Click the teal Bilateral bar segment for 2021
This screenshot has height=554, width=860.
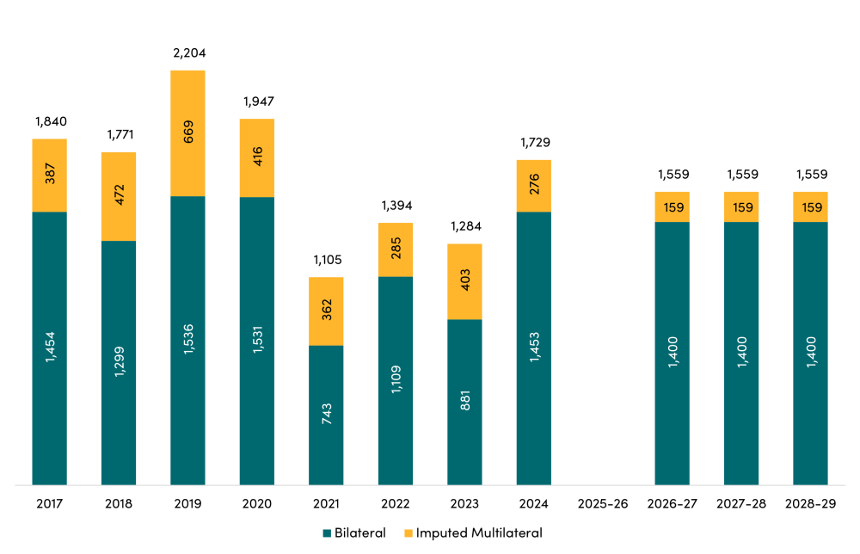(x=326, y=415)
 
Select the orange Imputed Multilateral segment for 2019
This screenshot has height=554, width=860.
(x=187, y=133)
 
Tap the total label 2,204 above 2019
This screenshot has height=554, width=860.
(x=188, y=53)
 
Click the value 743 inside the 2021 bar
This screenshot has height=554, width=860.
(x=327, y=415)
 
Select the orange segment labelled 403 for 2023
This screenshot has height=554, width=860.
(x=464, y=281)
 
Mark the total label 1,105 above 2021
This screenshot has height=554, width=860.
(x=327, y=260)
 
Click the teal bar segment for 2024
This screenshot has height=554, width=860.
(x=534, y=348)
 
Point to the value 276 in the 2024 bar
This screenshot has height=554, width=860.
(x=534, y=186)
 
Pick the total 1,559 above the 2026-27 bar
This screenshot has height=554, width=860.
(x=672, y=175)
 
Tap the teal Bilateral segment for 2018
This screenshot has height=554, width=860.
(x=119, y=363)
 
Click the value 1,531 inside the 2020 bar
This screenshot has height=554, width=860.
(x=257, y=341)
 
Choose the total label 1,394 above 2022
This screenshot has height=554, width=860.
(x=396, y=206)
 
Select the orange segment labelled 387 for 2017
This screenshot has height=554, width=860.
(x=50, y=175)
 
